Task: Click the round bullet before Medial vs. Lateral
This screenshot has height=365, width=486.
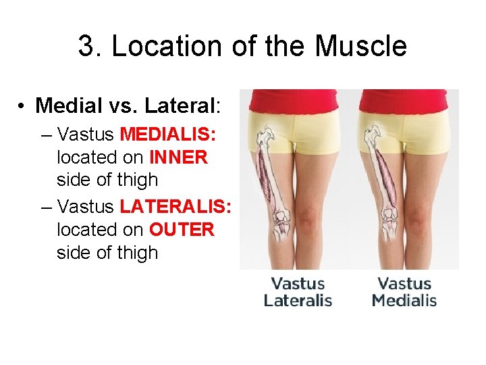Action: coord(22,106)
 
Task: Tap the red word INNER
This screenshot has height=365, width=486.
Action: coord(178,157)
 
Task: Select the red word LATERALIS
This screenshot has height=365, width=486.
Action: coord(175,206)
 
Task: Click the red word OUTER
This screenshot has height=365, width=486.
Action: coord(181,230)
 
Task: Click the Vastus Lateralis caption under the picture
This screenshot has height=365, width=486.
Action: coord(298,292)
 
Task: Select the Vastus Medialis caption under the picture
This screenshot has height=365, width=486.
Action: coord(404,292)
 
